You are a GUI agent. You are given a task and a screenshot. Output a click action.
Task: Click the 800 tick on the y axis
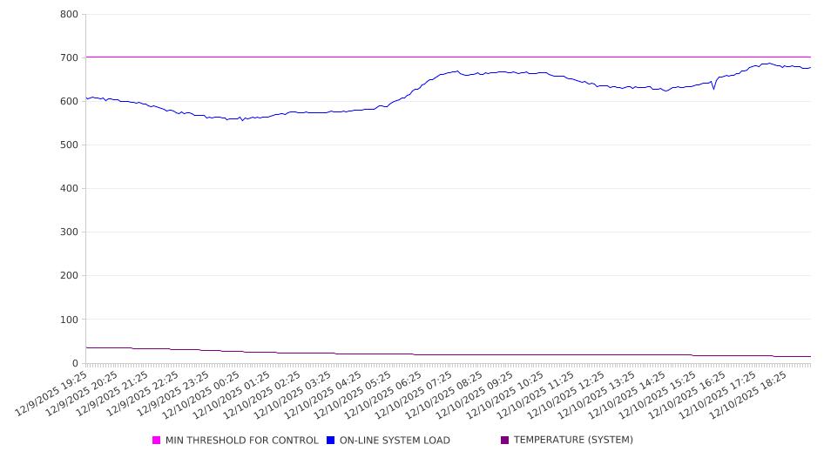[70, 15]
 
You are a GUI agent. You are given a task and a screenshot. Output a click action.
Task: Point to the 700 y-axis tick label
[70, 58]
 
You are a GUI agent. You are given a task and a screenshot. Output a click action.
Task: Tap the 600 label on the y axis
[70, 102]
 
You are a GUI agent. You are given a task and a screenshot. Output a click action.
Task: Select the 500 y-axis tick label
[70, 145]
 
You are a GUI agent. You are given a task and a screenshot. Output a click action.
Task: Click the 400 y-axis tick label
[70, 189]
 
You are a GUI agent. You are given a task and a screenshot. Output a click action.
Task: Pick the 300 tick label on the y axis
[70, 232]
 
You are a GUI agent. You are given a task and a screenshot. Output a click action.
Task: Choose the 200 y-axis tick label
[70, 276]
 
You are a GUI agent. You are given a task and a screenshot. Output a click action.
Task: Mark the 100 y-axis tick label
[70, 320]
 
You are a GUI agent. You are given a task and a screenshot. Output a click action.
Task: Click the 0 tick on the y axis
[76, 363]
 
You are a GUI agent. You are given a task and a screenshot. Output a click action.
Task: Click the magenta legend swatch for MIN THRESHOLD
[157, 441]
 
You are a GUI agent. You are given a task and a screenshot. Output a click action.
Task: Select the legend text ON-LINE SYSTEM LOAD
[395, 441]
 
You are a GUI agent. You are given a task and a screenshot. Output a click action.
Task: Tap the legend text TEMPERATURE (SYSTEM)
[573, 441]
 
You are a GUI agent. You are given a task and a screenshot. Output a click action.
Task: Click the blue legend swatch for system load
[331, 441]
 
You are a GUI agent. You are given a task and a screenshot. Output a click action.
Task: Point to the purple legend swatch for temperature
[505, 441]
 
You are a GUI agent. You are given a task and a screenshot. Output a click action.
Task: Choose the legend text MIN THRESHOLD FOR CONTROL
[241, 441]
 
